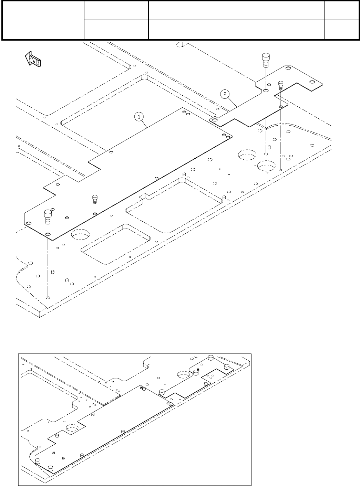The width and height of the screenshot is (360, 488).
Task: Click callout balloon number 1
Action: [139, 117]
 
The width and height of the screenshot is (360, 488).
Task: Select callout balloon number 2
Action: [225, 93]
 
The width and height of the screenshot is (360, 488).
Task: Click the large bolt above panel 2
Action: [266, 60]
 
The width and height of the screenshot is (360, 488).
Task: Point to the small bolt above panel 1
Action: [95, 199]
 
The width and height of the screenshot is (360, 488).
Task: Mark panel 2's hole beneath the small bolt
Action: [281, 107]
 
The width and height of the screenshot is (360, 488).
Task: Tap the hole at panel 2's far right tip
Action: [312, 82]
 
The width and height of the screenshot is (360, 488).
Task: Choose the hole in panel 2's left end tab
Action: [215, 120]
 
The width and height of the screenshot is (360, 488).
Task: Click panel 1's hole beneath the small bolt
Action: [95, 214]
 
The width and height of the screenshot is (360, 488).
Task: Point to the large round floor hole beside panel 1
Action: [80, 235]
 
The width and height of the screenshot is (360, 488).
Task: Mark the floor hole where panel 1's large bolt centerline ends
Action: [48, 297]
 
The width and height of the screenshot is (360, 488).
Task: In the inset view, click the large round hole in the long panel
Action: [72, 428]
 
